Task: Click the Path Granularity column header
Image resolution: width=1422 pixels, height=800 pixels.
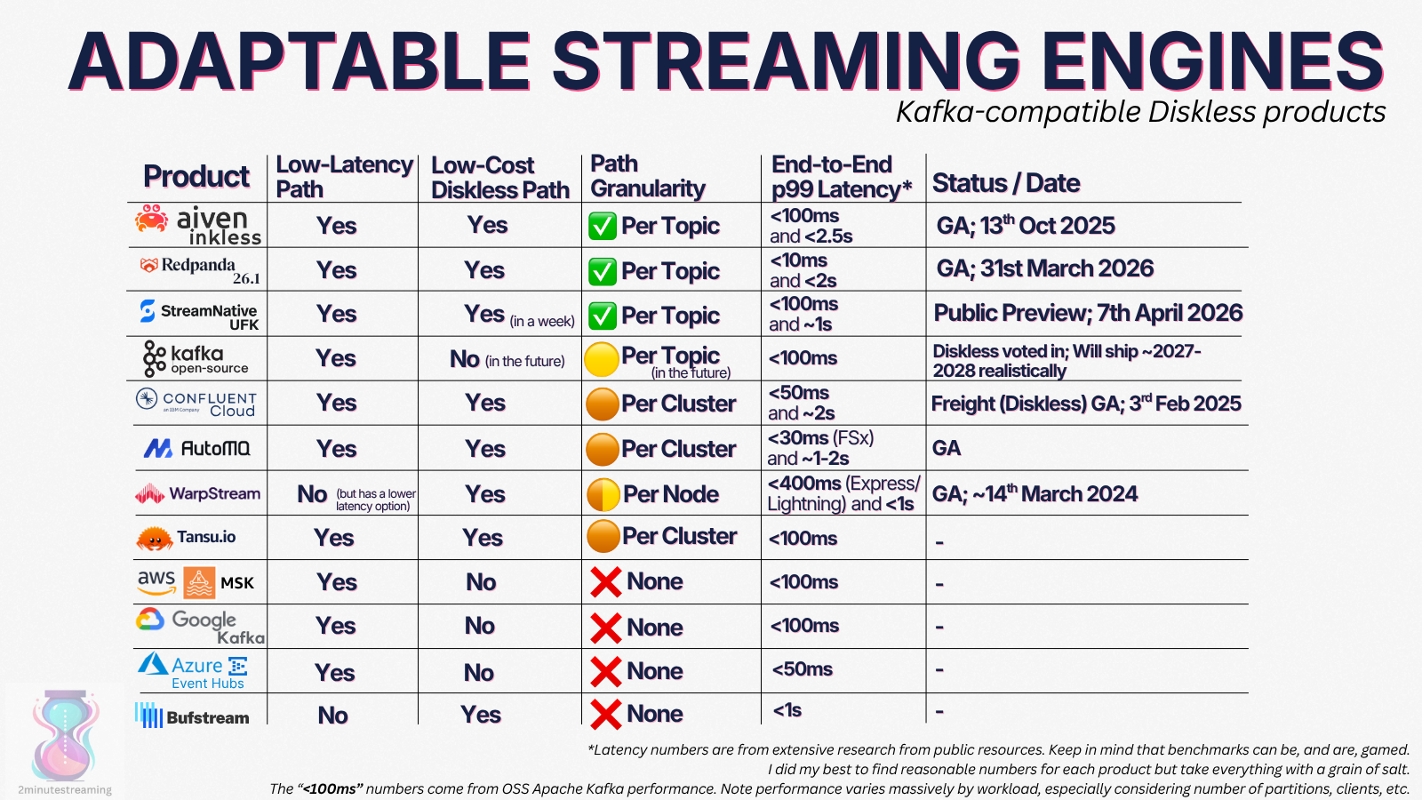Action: pos(648,176)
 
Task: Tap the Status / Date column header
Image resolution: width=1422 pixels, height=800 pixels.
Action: pos(1005,183)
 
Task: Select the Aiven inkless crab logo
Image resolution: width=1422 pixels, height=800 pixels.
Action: pos(152,219)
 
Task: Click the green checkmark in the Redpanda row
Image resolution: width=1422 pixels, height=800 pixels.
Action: pos(603,271)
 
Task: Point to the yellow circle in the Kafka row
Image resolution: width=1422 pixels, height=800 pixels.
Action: pos(601,359)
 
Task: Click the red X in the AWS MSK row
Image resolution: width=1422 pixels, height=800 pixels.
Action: pos(605,581)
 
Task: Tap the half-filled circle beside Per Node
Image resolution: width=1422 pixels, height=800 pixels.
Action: pos(603,494)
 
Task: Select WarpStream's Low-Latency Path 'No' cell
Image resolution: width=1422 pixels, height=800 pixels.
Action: pos(312,494)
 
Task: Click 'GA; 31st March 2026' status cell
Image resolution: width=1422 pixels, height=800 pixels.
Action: pos(1044,268)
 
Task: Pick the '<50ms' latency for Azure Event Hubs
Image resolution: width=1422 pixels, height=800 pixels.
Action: pos(802,669)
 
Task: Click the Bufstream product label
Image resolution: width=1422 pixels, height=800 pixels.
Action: pos(208,718)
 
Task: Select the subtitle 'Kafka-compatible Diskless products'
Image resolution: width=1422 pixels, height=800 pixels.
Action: pos(1140,112)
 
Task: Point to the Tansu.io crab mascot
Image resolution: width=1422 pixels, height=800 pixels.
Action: pos(155,538)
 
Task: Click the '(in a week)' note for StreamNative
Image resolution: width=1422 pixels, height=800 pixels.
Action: pos(542,321)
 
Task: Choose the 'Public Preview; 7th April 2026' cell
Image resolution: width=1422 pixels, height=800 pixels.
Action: pos(1088,312)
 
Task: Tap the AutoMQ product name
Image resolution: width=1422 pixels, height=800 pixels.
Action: pos(215,449)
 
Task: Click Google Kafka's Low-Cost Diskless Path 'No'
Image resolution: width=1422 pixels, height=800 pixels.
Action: pos(479,626)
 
